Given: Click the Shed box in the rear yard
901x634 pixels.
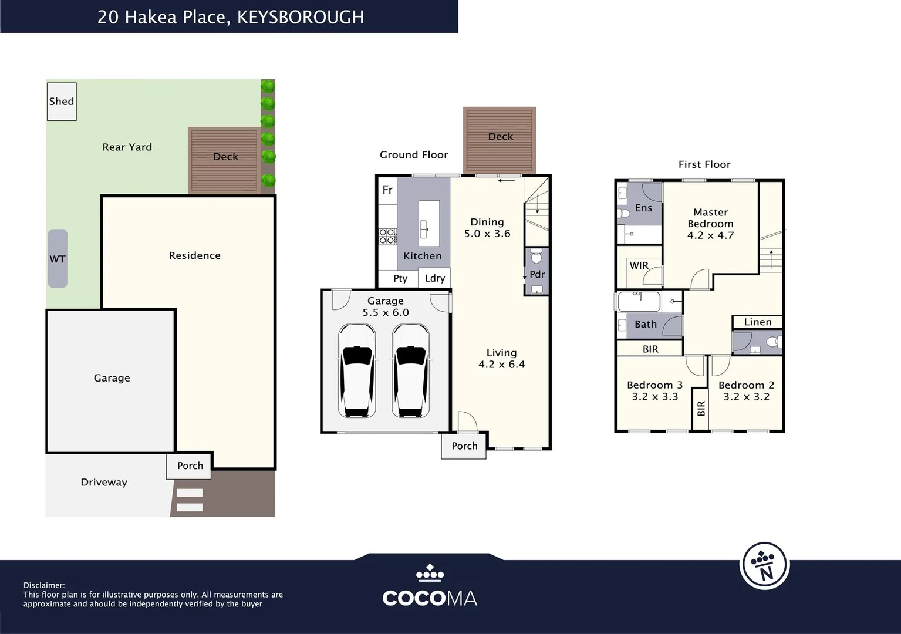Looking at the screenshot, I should click(x=62, y=102).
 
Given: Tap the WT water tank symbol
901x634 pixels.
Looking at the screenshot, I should click(x=58, y=259).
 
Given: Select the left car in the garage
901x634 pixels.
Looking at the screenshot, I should click(x=357, y=371).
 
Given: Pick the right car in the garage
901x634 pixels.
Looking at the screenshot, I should click(x=410, y=371).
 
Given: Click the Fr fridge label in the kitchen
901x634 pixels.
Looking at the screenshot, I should click(x=387, y=190).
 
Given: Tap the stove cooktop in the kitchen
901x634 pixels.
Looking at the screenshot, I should click(x=387, y=236).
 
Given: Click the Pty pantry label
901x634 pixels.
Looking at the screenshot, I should click(x=400, y=278).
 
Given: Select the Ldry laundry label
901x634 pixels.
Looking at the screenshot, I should click(x=435, y=278).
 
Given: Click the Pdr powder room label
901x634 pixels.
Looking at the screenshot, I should click(x=537, y=274).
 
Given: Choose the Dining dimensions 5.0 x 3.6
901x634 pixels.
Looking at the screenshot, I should click(x=487, y=234).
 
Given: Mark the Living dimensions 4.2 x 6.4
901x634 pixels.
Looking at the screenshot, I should click(x=501, y=365).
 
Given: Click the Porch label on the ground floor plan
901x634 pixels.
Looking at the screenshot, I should click(x=464, y=446).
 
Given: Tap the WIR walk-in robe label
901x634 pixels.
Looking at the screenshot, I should click(x=639, y=265).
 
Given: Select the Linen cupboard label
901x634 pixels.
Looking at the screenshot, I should click(x=758, y=322).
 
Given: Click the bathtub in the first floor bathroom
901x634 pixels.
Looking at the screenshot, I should click(x=639, y=302).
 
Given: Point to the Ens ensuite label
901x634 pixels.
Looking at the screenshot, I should click(x=643, y=208).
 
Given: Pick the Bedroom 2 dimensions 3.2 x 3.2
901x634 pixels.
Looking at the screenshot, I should click(x=746, y=397).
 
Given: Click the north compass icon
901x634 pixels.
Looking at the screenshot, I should click(x=764, y=566).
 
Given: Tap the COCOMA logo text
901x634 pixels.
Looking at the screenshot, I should click(x=430, y=598).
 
